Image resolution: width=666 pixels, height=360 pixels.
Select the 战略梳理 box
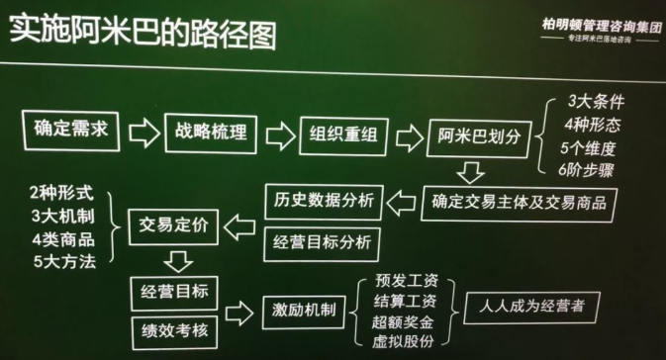(211, 133)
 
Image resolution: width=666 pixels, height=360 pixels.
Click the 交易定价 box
(176, 226)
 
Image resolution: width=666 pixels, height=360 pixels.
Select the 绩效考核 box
(174, 324)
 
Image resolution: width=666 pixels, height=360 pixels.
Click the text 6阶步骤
(593, 169)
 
